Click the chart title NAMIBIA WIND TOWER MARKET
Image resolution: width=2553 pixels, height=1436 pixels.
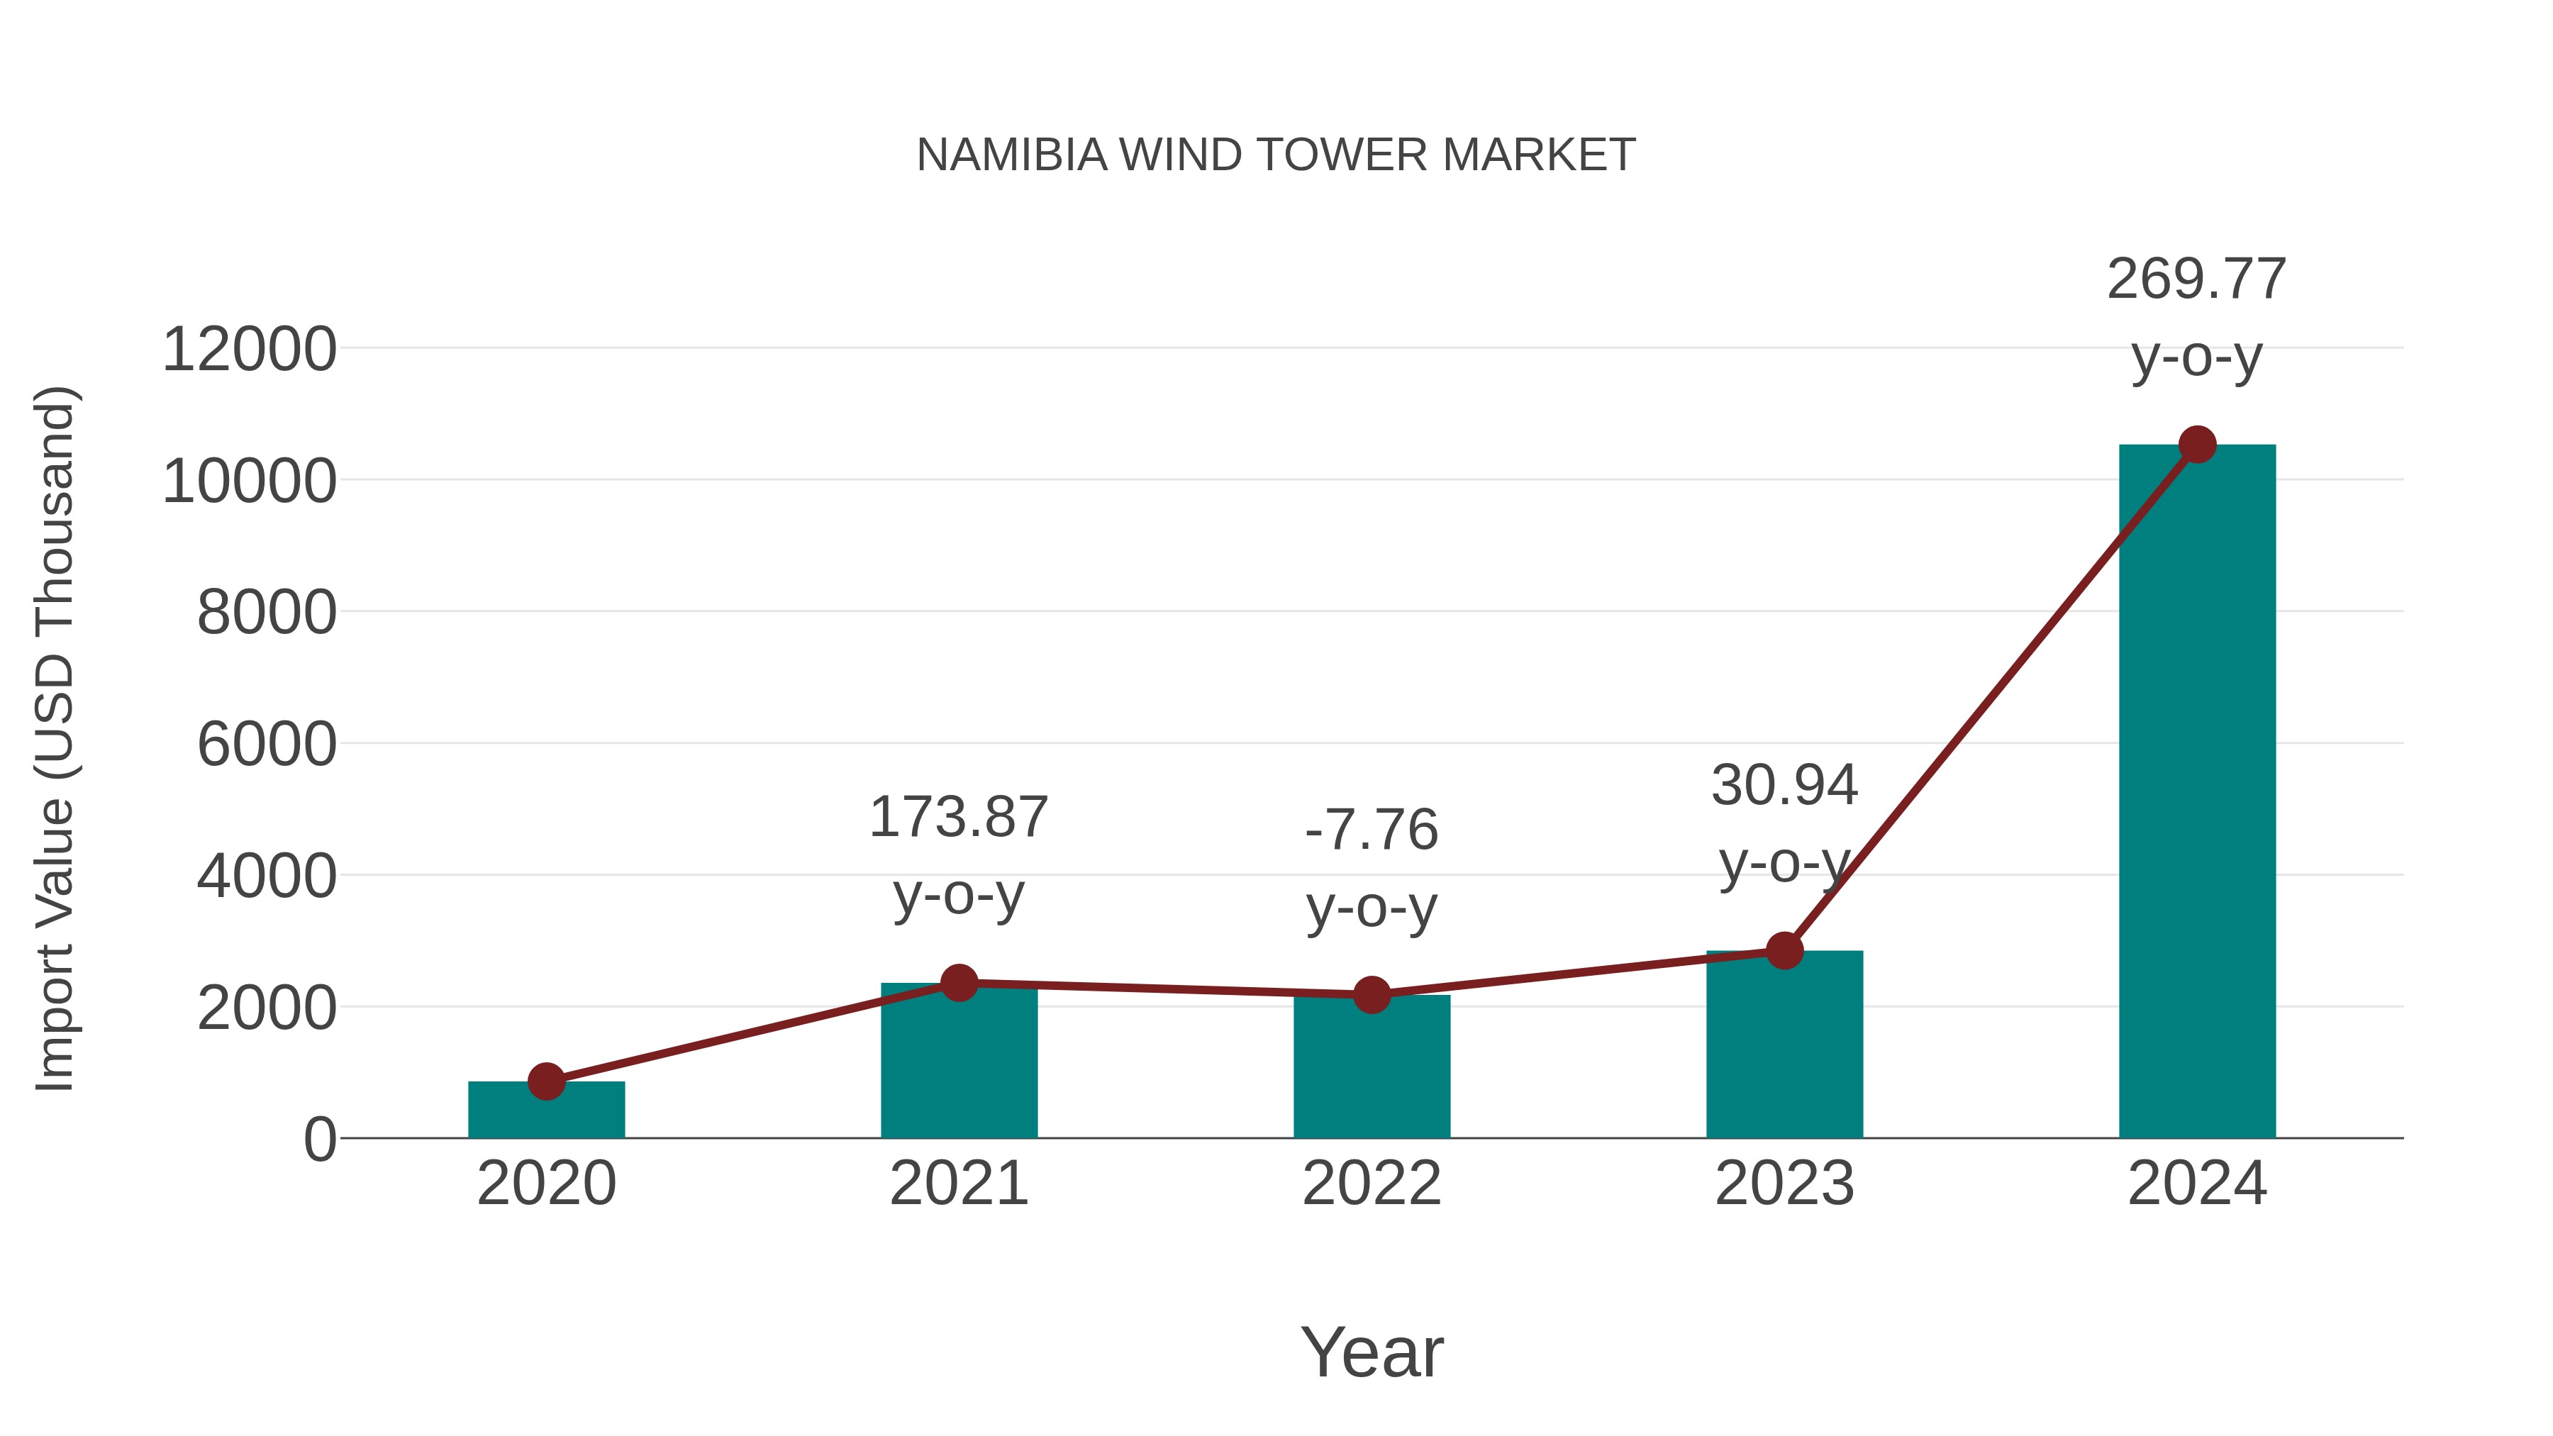(x=1276, y=155)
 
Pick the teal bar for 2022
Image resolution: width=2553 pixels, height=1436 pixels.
(x=1372, y=1070)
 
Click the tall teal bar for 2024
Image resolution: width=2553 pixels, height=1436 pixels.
(x=2197, y=793)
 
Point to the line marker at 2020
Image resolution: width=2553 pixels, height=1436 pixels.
(x=546, y=1081)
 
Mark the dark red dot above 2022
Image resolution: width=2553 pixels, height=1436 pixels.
(x=1372, y=994)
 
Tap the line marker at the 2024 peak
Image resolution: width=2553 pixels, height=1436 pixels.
(x=2197, y=445)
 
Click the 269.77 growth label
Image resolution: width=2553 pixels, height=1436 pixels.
(x=2196, y=279)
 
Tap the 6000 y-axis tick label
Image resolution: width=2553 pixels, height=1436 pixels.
(x=267, y=745)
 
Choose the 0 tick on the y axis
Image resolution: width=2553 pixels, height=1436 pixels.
(x=319, y=1140)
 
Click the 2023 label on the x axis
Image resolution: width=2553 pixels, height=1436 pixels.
(x=1784, y=1184)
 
